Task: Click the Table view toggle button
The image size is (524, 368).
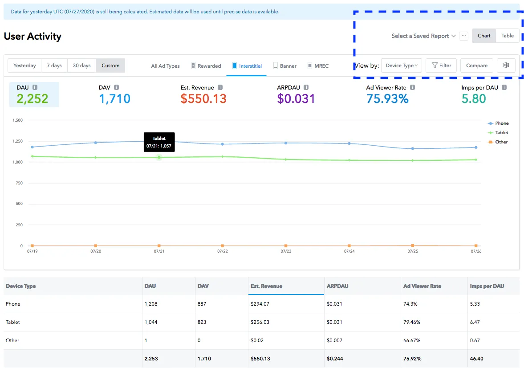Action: coord(507,36)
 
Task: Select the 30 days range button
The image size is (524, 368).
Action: coord(81,65)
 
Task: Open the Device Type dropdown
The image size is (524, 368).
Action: coord(402,65)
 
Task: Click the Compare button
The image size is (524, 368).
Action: coord(476,65)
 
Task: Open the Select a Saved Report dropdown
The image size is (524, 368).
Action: coord(423,36)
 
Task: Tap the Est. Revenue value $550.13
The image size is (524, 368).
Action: coord(203,98)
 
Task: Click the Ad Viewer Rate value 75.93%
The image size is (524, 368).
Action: coord(387,98)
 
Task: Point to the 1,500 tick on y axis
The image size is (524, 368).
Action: coord(18,120)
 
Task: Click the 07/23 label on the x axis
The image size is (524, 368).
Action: coord(286,251)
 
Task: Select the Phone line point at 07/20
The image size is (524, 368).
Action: coord(96,143)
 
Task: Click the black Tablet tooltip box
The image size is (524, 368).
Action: coord(159,142)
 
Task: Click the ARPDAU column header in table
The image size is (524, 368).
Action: coord(337,286)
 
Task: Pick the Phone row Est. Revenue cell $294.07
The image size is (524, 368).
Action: coord(260,304)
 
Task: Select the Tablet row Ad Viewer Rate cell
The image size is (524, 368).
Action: coord(412,322)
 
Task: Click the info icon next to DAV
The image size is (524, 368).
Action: coord(116,88)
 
